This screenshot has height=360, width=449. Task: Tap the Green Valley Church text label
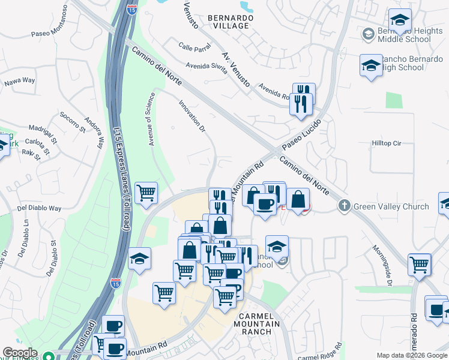[391, 206]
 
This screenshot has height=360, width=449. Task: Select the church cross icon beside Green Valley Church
[344, 206]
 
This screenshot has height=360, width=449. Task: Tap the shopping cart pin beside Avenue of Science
[146, 193]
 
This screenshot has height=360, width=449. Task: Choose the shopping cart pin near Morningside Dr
[419, 264]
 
